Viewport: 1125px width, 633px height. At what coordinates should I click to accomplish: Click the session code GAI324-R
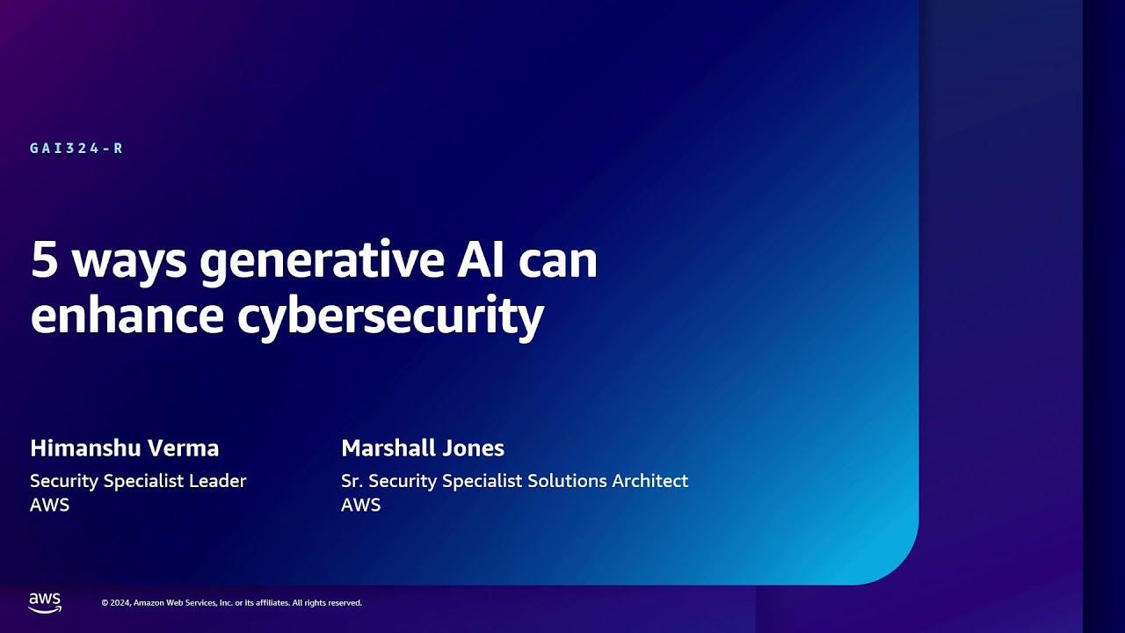click(76, 149)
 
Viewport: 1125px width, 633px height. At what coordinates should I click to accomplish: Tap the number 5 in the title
click(43, 261)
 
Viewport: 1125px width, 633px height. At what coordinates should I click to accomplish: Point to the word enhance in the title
click(127, 316)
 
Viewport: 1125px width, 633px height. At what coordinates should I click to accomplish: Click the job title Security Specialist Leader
click(138, 481)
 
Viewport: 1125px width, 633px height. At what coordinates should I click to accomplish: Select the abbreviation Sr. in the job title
click(352, 481)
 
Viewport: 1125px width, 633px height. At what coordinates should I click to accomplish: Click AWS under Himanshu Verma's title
click(49, 506)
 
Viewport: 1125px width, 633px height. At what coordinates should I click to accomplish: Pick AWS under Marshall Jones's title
click(360, 506)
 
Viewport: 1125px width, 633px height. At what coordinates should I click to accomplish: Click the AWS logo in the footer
click(45, 602)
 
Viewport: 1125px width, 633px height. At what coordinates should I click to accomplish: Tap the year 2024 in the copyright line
click(121, 603)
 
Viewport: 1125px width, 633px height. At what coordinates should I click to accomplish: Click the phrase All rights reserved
click(326, 603)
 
